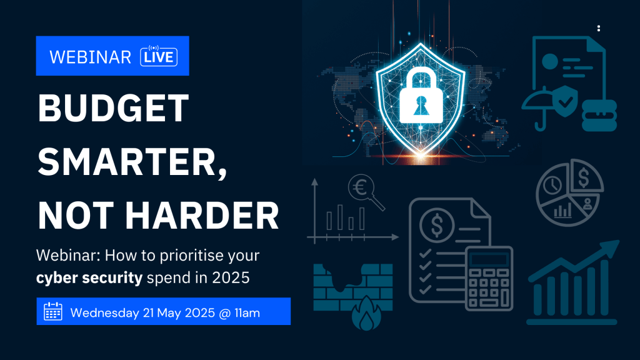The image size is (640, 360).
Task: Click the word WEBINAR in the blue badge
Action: [x=90, y=57]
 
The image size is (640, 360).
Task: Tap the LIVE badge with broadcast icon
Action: [x=159, y=56]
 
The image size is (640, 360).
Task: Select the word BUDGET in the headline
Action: [x=114, y=108]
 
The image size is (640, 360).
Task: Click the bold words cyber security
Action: [x=89, y=278]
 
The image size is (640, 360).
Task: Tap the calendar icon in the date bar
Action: [x=53, y=311]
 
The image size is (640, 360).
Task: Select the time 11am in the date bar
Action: [x=247, y=313]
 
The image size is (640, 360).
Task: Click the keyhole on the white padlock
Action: [x=421, y=106]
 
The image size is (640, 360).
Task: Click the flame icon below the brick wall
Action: [x=366, y=313]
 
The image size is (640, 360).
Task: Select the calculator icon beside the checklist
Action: [x=489, y=278]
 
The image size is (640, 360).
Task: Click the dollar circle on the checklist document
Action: [x=437, y=225]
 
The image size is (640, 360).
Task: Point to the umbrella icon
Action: [x=538, y=107]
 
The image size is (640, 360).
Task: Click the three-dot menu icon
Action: [x=598, y=28]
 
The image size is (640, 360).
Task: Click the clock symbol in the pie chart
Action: [x=552, y=185]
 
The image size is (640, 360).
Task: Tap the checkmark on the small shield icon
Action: [x=566, y=101]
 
